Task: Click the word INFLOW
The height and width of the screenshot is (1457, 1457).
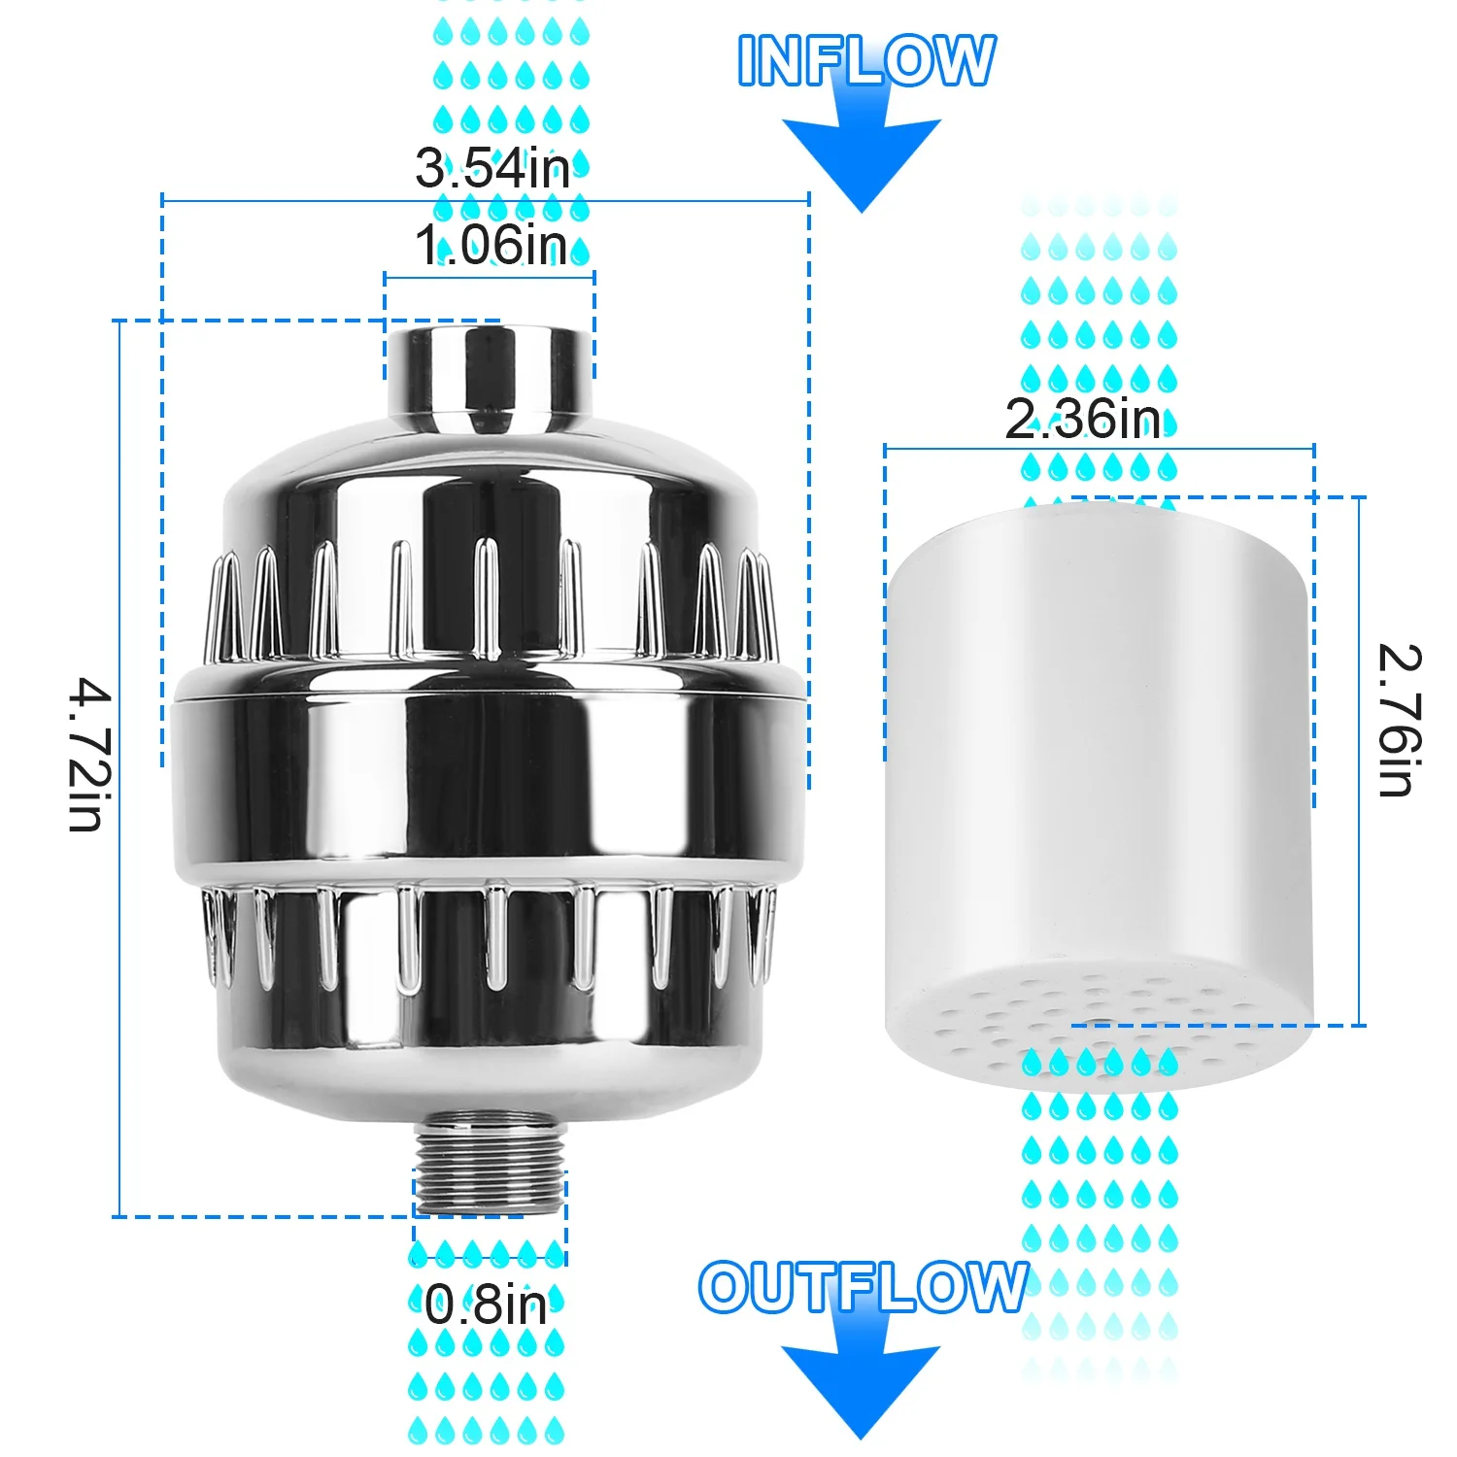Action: click(865, 60)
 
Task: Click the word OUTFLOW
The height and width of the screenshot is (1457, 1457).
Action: click(863, 1287)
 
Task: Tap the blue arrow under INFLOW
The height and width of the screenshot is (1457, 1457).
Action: click(862, 155)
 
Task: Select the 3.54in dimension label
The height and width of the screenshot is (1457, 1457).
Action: click(492, 168)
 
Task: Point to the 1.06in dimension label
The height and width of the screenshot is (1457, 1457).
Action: click(491, 245)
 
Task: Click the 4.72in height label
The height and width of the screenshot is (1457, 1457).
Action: click(89, 756)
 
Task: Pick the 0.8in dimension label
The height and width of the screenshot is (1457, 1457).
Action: click(486, 1304)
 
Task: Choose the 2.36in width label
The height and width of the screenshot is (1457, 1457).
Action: click(1082, 420)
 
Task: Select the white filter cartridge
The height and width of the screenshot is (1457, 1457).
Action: click(1098, 758)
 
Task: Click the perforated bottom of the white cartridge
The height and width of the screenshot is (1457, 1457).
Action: click(1098, 1030)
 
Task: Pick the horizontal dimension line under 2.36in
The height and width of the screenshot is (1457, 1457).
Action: click(1099, 449)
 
